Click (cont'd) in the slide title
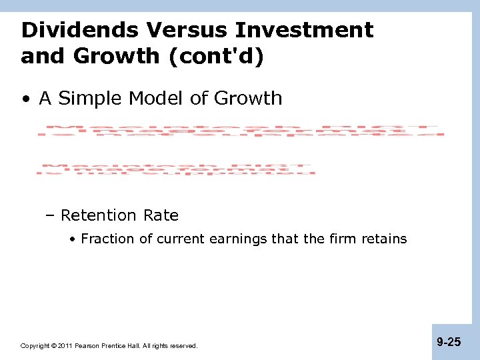(217, 57)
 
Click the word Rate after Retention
(160, 215)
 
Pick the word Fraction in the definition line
(107, 239)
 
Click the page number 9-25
(449, 342)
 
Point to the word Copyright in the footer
(35, 346)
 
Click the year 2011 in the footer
(65, 346)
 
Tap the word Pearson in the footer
(87, 346)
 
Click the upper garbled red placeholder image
(241, 131)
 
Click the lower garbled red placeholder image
(176, 169)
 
